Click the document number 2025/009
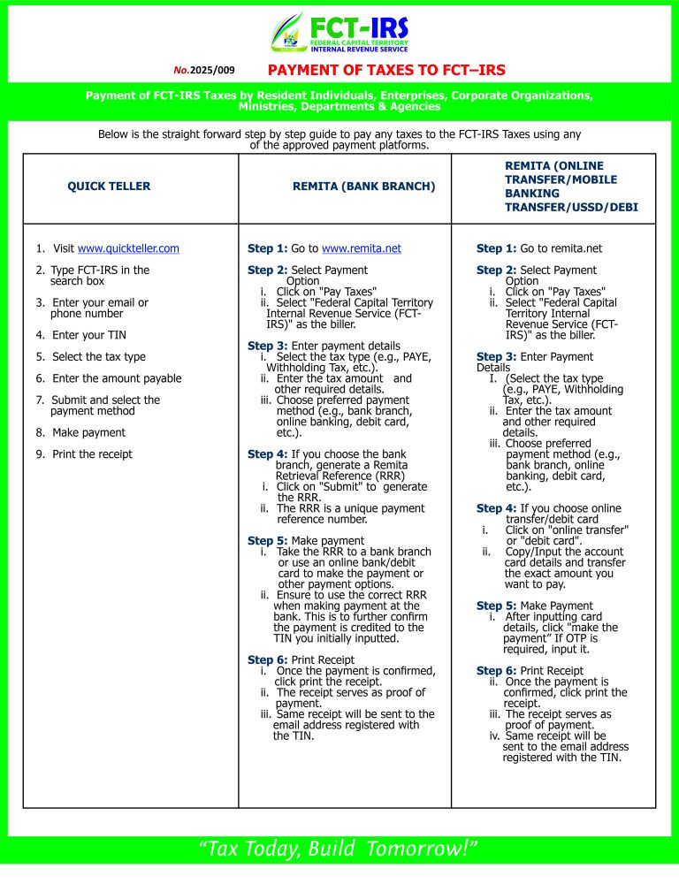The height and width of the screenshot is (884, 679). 205,70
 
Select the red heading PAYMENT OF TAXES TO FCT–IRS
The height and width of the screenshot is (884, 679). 386,70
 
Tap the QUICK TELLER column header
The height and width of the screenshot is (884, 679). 109,187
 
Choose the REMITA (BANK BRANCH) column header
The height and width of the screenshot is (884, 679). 363,187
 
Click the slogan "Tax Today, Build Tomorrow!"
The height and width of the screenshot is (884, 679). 339,850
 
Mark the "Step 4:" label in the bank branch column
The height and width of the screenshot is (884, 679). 267,454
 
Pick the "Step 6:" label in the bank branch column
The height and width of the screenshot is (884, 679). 267,660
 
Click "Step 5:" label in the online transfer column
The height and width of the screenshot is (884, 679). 496,606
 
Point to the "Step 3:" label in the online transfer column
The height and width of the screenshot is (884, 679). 496,357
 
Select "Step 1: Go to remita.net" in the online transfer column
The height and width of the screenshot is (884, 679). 540,249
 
